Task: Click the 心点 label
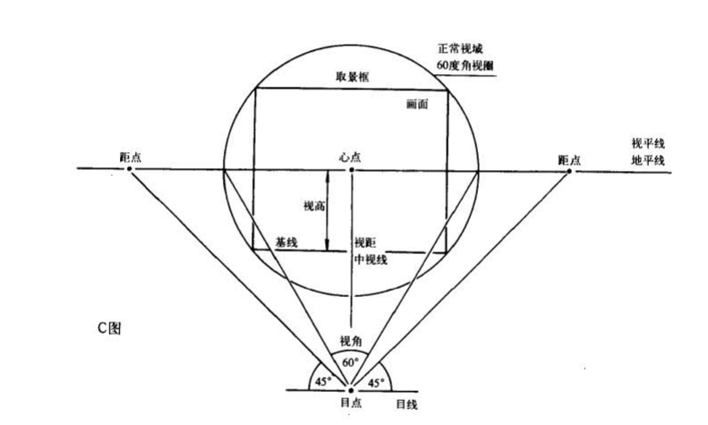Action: coord(352,156)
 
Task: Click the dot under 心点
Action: coord(352,169)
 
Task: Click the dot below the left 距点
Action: coord(130,169)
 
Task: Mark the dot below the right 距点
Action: coord(569,170)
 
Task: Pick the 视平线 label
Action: coord(648,143)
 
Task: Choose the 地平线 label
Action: coord(648,160)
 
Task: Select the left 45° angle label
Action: coord(322,380)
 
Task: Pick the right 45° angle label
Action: coord(378,381)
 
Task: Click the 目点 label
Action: coord(351,404)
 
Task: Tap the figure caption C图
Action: coord(110,327)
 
